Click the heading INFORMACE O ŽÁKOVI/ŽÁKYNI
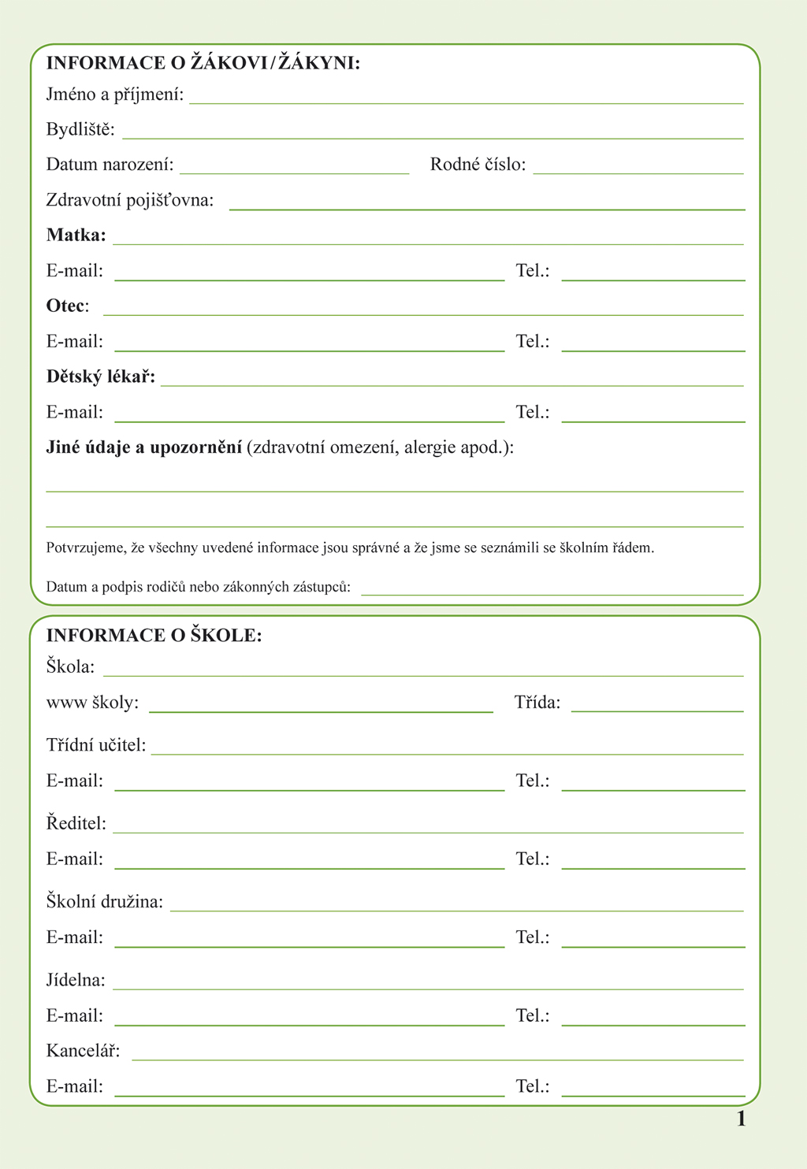click(x=203, y=63)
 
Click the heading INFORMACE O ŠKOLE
click(x=154, y=635)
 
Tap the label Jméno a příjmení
click(x=115, y=95)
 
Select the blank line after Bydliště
click(x=433, y=137)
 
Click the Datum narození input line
click(x=294, y=172)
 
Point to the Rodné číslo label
click(x=478, y=165)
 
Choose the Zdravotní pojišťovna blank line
click(x=486, y=208)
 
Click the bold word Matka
click(x=76, y=235)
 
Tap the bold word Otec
click(x=66, y=306)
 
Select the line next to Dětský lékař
click(x=452, y=384)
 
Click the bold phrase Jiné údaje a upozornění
click(x=144, y=447)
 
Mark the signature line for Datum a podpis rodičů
click(x=552, y=594)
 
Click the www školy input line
click(x=321, y=711)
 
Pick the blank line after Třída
click(x=657, y=711)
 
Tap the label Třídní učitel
click(x=96, y=744)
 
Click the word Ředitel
click(x=76, y=823)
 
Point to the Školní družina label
click(x=105, y=901)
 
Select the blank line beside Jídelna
click(x=428, y=988)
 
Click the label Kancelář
click(x=83, y=1051)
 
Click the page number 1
click(x=741, y=1119)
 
